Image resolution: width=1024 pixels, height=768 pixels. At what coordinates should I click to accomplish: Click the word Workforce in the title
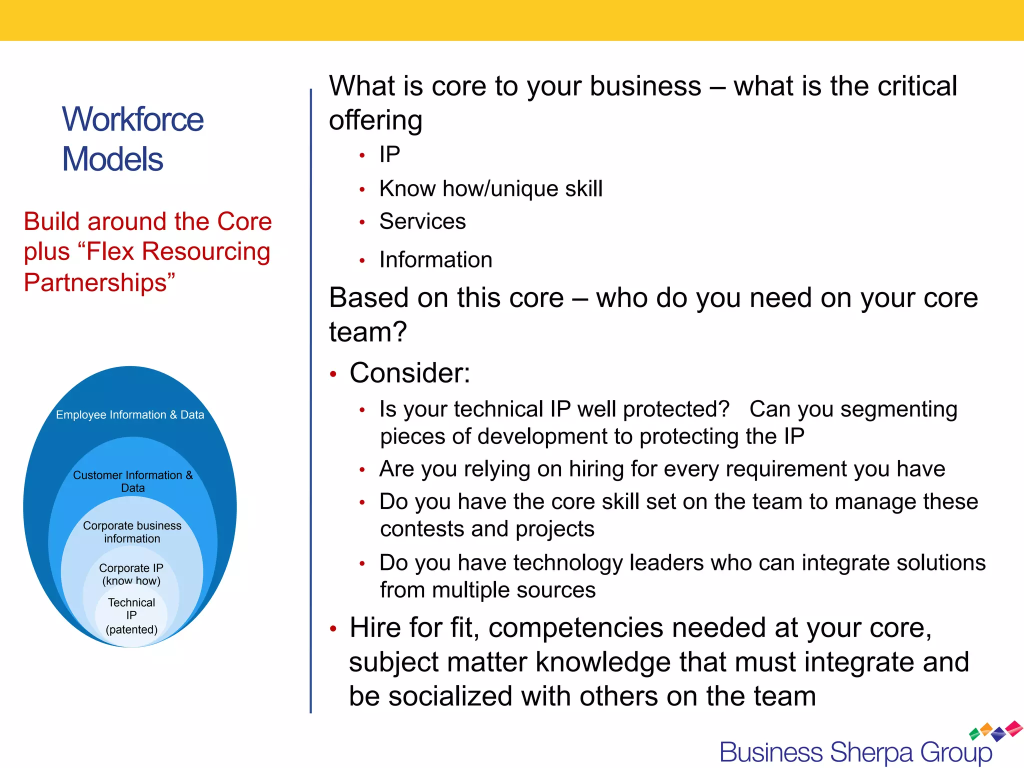pyautogui.click(x=132, y=120)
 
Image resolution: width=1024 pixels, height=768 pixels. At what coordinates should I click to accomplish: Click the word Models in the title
pyautogui.click(x=112, y=159)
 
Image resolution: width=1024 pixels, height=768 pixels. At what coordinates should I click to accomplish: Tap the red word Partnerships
pyautogui.click(x=99, y=282)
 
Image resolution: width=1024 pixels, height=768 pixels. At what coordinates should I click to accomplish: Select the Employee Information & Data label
pyautogui.click(x=130, y=415)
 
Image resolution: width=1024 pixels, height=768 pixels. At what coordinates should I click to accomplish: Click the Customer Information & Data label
pyautogui.click(x=132, y=481)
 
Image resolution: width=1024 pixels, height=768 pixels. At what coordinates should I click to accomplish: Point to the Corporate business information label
pyautogui.click(x=132, y=532)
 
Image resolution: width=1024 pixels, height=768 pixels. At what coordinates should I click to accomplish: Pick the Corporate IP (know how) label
pyautogui.click(x=131, y=574)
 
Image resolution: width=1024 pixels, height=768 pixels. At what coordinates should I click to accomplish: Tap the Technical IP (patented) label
pyautogui.click(x=131, y=615)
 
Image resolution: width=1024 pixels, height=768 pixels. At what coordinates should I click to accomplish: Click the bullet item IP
pyautogui.click(x=389, y=154)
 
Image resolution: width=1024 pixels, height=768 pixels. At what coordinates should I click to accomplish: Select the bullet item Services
pyautogui.click(x=422, y=221)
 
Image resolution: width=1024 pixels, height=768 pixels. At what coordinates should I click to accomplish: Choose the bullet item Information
pyautogui.click(x=435, y=260)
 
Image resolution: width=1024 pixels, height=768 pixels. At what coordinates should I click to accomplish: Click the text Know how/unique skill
pyautogui.click(x=491, y=189)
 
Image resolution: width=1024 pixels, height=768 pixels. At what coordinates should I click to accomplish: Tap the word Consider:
pyautogui.click(x=410, y=373)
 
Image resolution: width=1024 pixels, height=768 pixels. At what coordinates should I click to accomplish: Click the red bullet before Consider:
pyautogui.click(x=333, y=374)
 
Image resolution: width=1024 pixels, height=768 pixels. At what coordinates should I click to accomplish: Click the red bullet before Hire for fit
pyautogui.click(x=333, y=629)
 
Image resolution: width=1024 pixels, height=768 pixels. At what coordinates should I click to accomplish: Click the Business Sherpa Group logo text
pyautogui.click(x=855, y=752)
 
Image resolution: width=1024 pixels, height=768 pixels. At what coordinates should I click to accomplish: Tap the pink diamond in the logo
pyautogui.click(x=1014, y=728)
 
